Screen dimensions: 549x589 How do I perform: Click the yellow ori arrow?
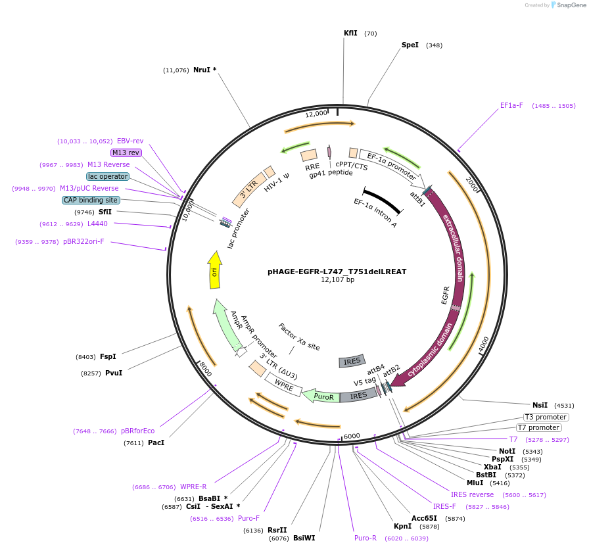pyautogui.click(x=214, y=270)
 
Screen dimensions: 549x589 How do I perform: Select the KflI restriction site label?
pyautogui.click(x=350, y=33)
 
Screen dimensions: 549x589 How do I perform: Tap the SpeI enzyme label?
pyautogui.click(x=410, y=45)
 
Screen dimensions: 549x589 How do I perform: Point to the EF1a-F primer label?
pyautogui.click(x=511, y=105)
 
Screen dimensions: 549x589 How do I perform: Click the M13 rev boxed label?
pyautogui.click(x=126, y=153)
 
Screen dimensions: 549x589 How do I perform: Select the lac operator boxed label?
pyautogui.click(x=108, y=176)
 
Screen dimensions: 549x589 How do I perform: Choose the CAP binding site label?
pyautogui.click(x=91, y=200)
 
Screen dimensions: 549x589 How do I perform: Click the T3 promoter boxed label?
pyautogui.click(x=546, y=417)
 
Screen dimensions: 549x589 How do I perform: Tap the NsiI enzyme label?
pyautogui.click(x=540, y=405)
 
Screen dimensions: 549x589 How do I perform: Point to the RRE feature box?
pyautogui.click(x=309, y=155)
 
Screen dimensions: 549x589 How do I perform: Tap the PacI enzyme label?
pyautogui.click(x=156, y=443)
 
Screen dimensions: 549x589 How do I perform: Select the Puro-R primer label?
pyautogui.click(x=365, y=538)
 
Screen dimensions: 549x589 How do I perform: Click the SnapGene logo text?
pyautogui.click(x=568, y=5)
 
